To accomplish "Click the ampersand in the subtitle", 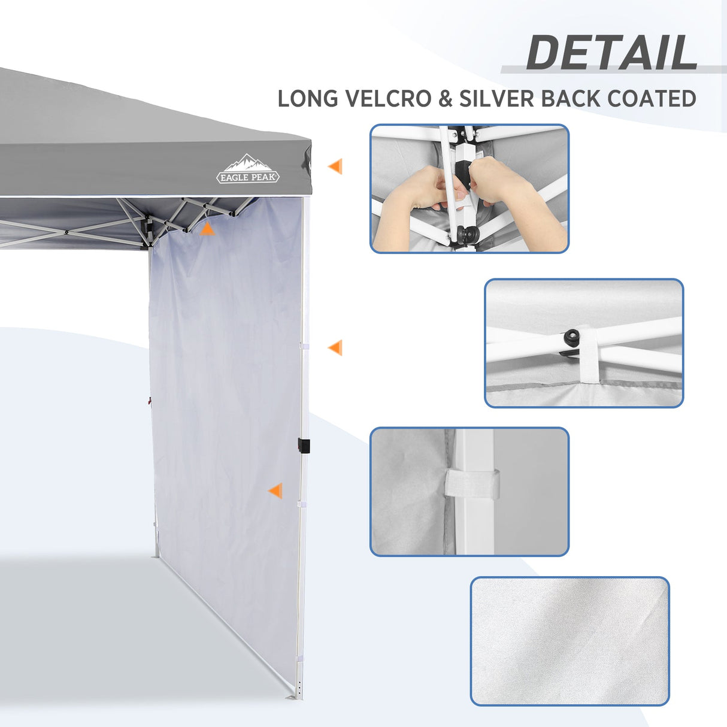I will point(445,99).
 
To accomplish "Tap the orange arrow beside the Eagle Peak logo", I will point(335,166).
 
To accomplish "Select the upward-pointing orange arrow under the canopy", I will point(207,229).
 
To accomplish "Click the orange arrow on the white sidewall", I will point(275,492).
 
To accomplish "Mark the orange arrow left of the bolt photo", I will point(335,347).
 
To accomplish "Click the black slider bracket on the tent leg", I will point(304,446).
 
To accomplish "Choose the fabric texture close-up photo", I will point(570,641).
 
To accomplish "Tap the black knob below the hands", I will point(464,232).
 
